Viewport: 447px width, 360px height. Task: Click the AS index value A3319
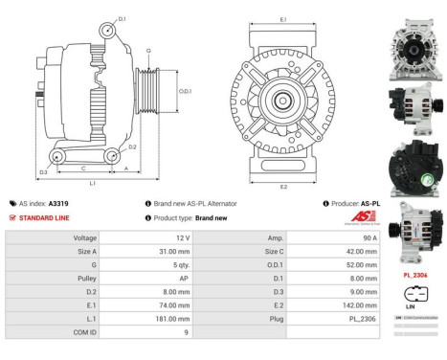coord(59,204)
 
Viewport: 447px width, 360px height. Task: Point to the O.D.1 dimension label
coord(186,91)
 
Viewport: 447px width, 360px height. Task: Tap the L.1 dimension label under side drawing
coord(92,182)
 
